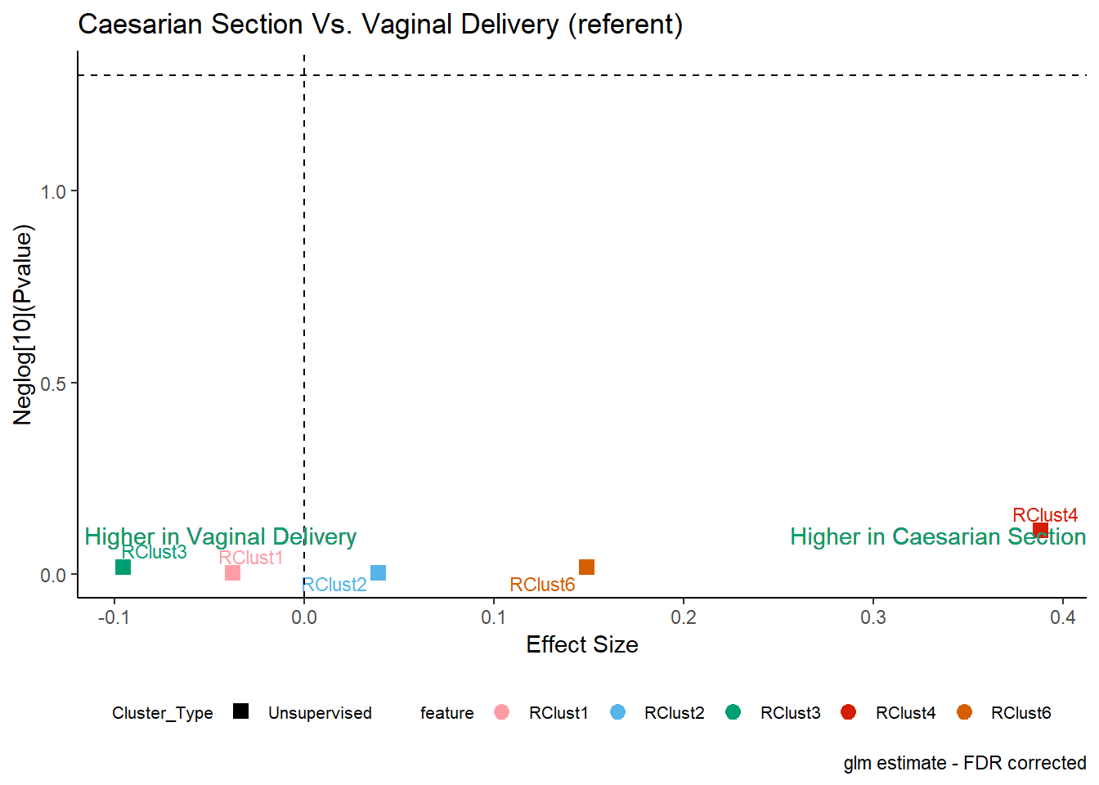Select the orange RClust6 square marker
pyautogui.click(x=587, y=567)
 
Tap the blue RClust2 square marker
pyautogui.click(x=379, y=572)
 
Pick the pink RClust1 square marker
pyautogui.click(x=232, y=572)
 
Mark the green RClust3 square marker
pyautogui.click(x=123, y=567)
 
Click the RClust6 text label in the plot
pyautogui.click(x=542, y=585)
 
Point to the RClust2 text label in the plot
pyautogui.click(x=334, y=585)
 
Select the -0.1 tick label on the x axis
pyautogui.click(x=114, y=617)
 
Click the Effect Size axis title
pyautogui.click(x=582, y=644)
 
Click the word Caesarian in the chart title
pyautogui.click(x=145, y=24)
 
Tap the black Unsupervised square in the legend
pyautogui.click(x=241, y=711)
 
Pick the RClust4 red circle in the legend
pyautogui.click(x=848, y=712)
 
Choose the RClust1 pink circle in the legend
pyautogui.click(x=501, y=712)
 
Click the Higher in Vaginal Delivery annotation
pyautogui.click(x=221, y=537)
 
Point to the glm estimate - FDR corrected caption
pyautogui.click(x=965, y=764)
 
